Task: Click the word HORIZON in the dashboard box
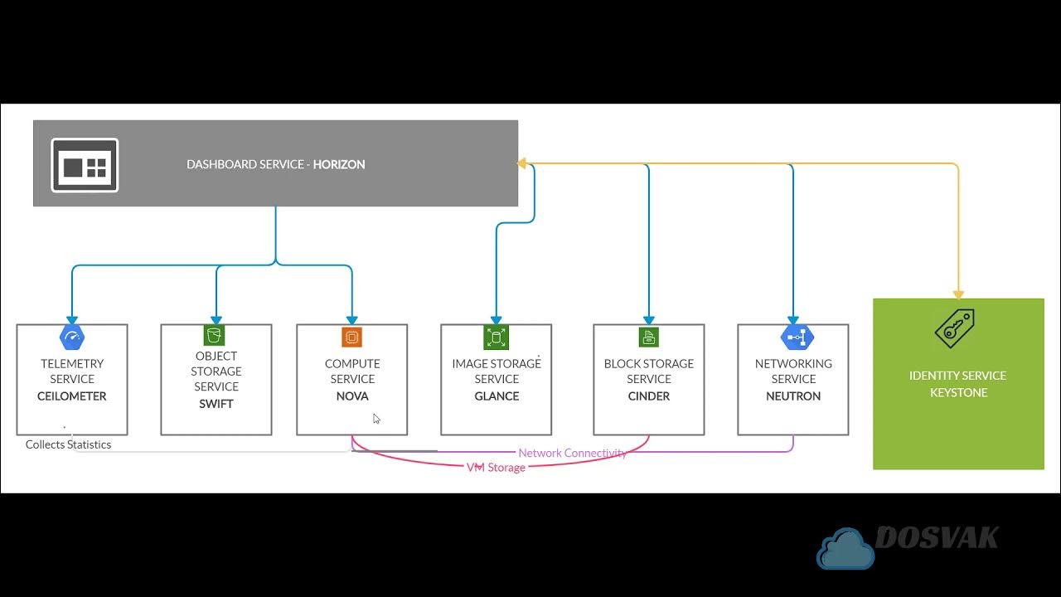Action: tap(338, 164)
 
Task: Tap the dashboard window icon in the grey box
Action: tap(85, 165)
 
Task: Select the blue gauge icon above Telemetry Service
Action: tap(72, 337)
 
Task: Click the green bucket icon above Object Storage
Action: tap(215, 336)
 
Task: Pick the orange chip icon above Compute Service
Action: tap(352, 337)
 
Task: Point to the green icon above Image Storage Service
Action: tap(496, 337)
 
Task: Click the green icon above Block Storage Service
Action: tap(648, 337)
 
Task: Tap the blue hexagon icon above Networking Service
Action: tap(797, 337)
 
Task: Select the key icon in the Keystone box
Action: tap(954, 329)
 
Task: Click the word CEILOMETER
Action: tap(72, 396)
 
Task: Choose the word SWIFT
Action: tap(216, 404)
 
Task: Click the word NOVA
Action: tap(352, 396)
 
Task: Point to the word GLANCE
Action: tap(497, 396)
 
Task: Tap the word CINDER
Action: tap(649, 396)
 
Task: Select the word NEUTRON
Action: tap(793, 396)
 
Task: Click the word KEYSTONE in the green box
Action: tap(958, 392)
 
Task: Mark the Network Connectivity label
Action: tap(572, 453)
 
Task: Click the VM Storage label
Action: tap(496, 468)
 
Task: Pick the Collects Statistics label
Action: tap(68, 444)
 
